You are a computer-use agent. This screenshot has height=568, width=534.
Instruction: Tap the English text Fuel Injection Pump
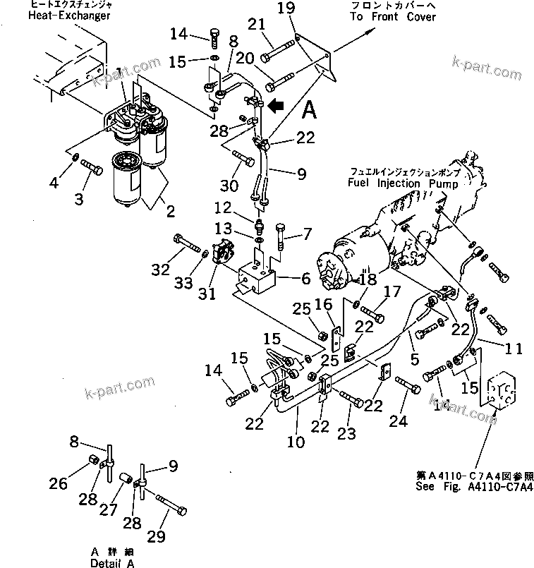point(403,183)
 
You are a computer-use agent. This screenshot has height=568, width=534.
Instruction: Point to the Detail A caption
point(111,563)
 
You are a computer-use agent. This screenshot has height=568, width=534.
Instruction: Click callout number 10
point(296,442)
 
